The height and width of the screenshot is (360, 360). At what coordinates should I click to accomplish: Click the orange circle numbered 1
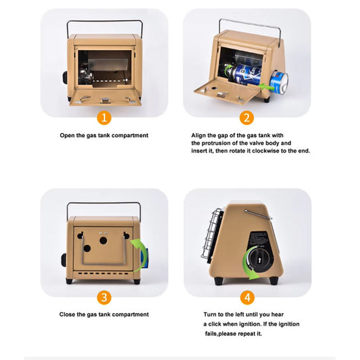[x=104, y=118]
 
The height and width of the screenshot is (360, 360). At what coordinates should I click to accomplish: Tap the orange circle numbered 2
[x=247, y=118]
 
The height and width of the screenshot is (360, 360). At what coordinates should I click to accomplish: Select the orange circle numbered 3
[x=104, y=298]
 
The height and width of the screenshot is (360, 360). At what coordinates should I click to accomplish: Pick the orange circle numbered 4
[x=247, y=298]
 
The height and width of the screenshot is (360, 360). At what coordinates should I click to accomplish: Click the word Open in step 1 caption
[x=68, y=136]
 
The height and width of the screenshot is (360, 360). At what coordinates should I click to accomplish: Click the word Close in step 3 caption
[x=67, y=314]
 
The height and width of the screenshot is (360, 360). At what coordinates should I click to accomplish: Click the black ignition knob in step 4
[x=259, y=260]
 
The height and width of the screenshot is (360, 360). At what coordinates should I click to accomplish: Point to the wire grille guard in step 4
[x=211, y=234]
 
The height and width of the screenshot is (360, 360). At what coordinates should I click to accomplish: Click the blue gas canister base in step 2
[x=280, y=83]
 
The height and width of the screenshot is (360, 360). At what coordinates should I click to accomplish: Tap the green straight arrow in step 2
[x=266, y=87]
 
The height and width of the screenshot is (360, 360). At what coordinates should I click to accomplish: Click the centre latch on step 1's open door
[x=105, y=100]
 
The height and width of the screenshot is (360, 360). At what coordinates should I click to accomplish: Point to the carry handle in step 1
[x=105, y=22]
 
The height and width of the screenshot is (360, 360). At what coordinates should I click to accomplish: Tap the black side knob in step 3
[x=63, y=260]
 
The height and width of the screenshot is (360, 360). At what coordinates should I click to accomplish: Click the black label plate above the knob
[x=259, y=239]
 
